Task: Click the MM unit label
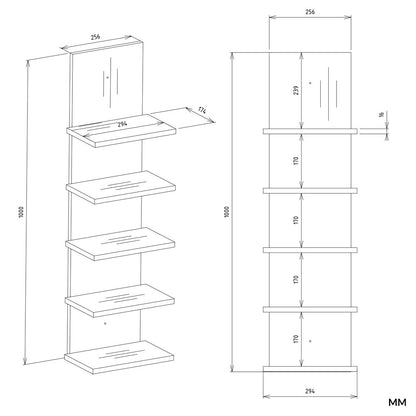coord(397,402)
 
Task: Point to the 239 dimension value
coord(296,90)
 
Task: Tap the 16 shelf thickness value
coord(382,115)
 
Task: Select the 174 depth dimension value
coord(202,110)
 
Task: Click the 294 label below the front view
coord(310,391)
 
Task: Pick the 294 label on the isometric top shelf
coord(123,125)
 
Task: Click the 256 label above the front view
coord(310,12)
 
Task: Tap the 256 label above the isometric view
coord(96,37)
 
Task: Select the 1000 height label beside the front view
coord(228,212)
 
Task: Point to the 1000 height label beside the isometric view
coord(21,212)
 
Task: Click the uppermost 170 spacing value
coord(296,161)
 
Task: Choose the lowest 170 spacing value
coord(296,339)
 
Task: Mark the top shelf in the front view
coord(310,131)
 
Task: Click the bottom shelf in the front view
coord(310,369)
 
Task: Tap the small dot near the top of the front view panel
coord(310,82)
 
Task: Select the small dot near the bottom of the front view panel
coord(310,341)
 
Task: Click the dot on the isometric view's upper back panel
coord(107,77)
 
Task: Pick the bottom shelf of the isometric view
coord(119,357)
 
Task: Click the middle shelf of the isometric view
coord(120,244)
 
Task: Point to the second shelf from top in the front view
coord(310,191)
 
